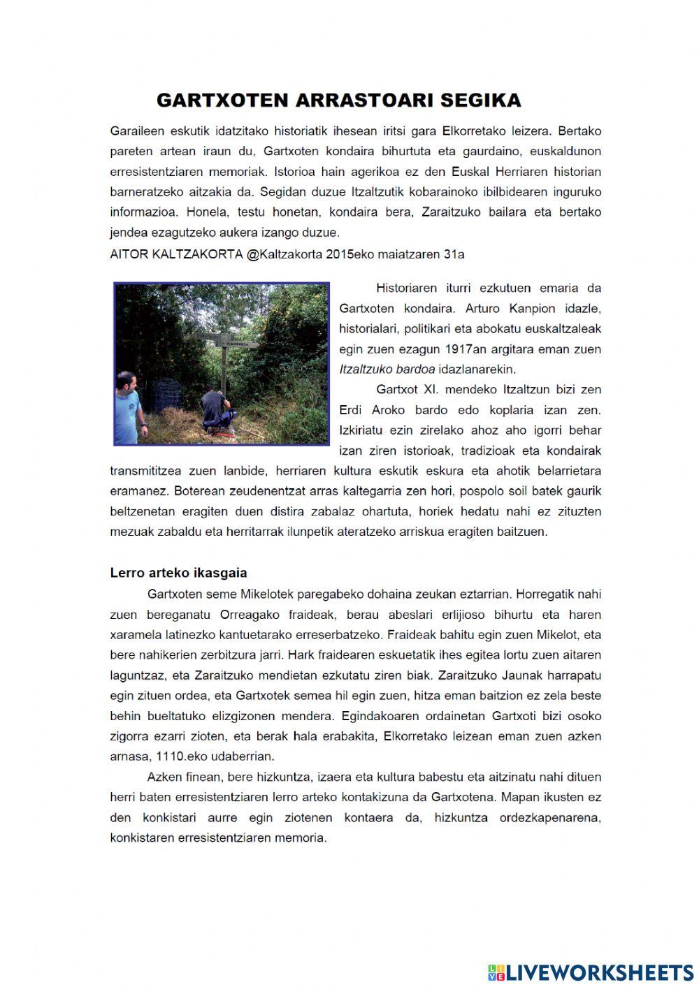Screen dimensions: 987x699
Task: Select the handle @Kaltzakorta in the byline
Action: click(x=284, y=254)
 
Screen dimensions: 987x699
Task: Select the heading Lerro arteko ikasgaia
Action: click(x=178, y=573)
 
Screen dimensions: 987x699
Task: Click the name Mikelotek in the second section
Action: click(x=266, y=594)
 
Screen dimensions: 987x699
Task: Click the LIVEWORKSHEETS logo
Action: click(x=591, y=972)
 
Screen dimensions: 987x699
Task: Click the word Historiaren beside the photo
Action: click(x=406, y=288)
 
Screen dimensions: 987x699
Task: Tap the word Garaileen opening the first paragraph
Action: click(x=134, y=131)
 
